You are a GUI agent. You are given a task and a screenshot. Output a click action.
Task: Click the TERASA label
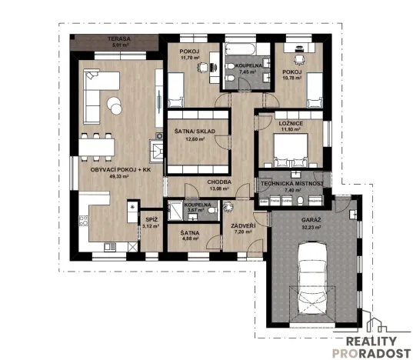pos(118,38)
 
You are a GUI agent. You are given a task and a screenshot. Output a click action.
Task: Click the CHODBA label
pos(220,182)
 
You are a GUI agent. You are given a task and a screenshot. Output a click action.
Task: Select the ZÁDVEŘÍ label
pos(244,225)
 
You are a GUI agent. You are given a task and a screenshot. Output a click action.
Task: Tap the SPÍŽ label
pos(152,219)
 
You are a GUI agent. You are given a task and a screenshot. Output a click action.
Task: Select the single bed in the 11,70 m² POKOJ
pos(175,89)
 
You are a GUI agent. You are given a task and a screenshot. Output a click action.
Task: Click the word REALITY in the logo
pos(371,341)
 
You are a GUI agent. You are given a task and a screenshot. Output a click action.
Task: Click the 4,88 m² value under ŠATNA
pos(191,238)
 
